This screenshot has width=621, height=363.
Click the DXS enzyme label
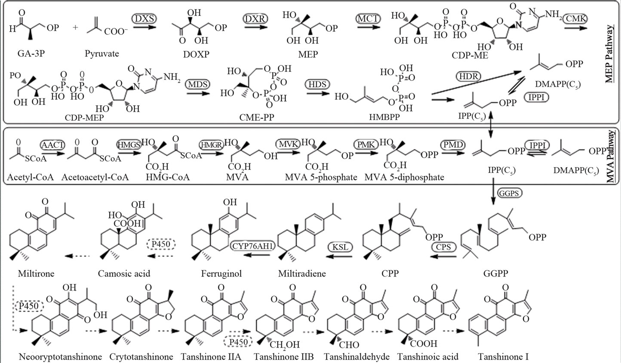[x=144, y=18]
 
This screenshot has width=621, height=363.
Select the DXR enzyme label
[x=255, y=18]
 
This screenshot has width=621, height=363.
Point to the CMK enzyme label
[x=576, y=18]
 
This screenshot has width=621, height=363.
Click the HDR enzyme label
[x=469, y=76]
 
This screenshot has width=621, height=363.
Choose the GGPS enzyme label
[x=509, y=193]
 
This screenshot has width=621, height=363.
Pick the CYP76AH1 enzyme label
[x=250, y=246]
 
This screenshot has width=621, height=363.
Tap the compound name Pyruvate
[x=102, y=54]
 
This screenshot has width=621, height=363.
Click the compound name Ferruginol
[x=221, y=274]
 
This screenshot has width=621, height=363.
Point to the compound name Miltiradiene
[x=302, y=274]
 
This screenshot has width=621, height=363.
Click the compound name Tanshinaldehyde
[x=357, y=357]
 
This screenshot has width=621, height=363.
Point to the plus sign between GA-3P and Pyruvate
[x=76, y=28]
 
